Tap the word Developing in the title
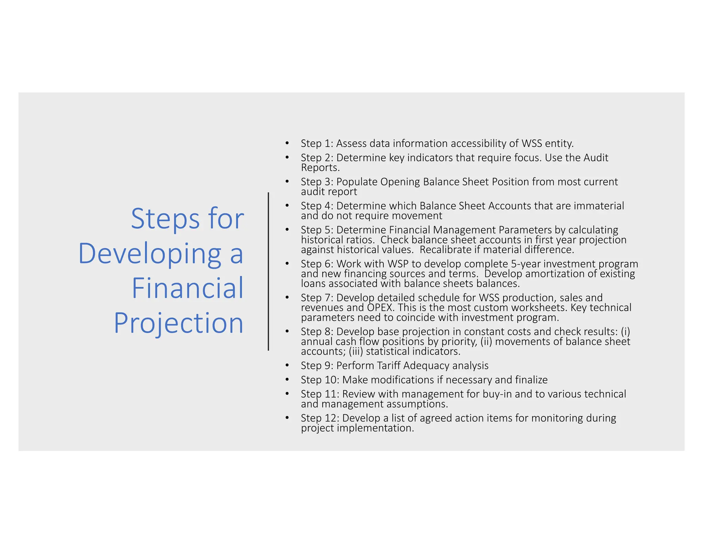pyautogui.click(x=150, y=254)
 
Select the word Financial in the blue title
pyautogui.click(x=187, y=288)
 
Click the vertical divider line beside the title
pyautogui.click(x=268, y=271)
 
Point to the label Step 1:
pyautogui.click(x=317, y=143)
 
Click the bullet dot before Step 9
pyautogui.click(x=287, y=365)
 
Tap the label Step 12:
pyautogui.click(x=320, y=418)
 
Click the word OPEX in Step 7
pyautogui.click(x=380, y=308)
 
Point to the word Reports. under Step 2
pyautogui.click(x=320, y=168)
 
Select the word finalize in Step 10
pyautogui.click(x=531, y=380)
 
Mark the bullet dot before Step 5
pyautogui.click(x=287, y=229)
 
